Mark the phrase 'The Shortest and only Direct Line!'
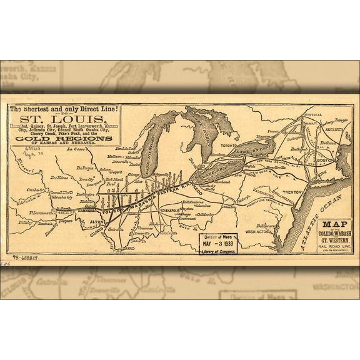[x=64, y=109]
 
